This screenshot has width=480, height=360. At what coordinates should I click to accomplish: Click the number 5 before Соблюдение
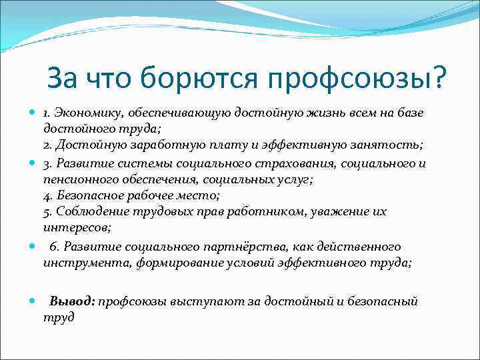(x=47, y=212)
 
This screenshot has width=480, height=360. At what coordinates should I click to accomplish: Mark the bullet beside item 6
(x=33, y=247)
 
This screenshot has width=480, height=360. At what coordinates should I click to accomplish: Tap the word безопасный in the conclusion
(x=379, y=301)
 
